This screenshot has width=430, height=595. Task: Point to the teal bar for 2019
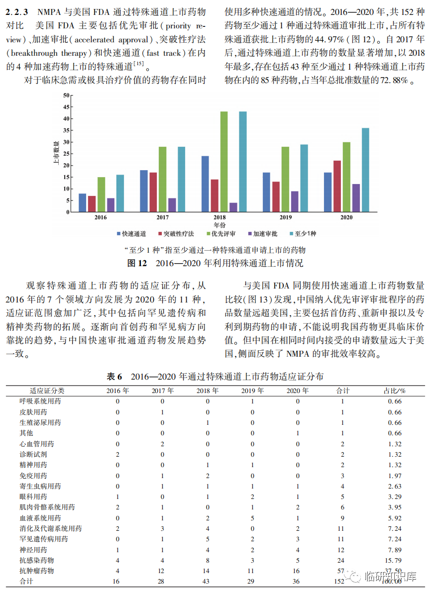point(304,178)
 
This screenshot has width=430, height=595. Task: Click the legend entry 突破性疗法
point(176,233)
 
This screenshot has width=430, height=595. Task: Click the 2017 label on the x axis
point(162,217)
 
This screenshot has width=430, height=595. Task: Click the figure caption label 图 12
point(137,263)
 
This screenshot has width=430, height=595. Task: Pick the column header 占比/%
point(394,391)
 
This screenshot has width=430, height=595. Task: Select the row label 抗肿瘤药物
point(37,571)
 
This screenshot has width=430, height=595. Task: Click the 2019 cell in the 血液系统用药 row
point(252,518)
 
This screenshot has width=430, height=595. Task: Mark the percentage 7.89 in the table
point(394,550)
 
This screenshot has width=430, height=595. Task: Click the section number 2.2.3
point(16,10)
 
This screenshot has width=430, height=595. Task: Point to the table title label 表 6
point(115,377)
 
